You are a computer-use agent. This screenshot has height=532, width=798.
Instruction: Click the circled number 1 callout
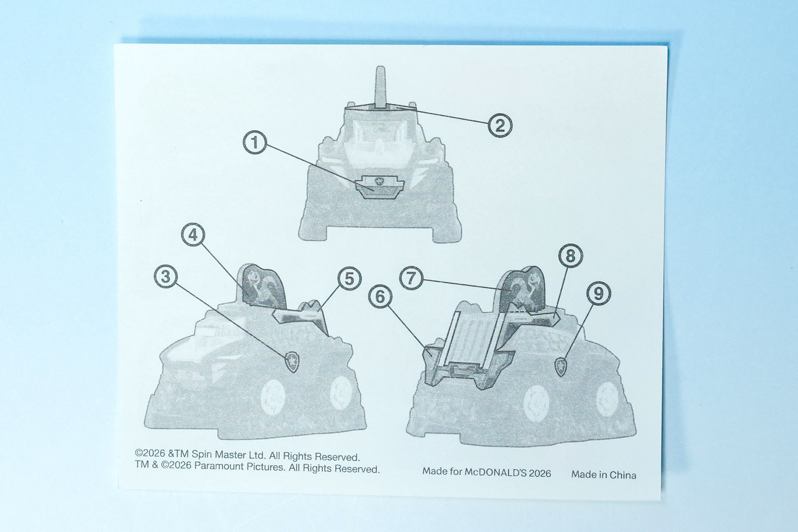255,143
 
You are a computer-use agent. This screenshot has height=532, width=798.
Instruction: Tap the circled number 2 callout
500,125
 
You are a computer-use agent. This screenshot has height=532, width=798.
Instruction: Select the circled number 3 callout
166,277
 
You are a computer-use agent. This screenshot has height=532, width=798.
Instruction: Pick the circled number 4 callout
193,235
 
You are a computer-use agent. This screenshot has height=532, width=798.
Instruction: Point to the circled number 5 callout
349,278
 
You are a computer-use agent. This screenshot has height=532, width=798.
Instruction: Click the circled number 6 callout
380,297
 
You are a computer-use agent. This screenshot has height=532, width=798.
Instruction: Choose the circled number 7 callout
411,278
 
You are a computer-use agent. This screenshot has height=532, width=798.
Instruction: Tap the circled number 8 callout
570,256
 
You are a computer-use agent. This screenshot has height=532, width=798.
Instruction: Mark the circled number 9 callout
598,293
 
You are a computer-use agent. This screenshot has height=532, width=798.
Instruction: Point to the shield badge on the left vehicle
292,362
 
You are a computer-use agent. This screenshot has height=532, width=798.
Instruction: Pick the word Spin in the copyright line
202,454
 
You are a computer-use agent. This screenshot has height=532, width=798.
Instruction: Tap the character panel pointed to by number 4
263,286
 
